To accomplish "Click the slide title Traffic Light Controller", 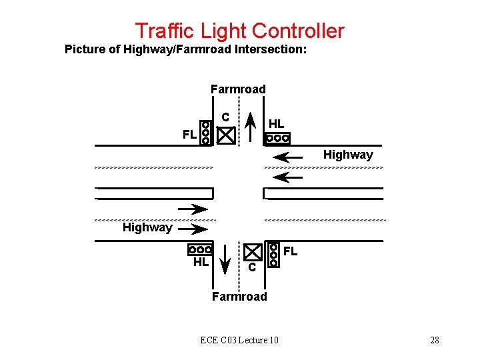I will click(239, 31).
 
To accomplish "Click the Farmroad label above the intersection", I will click(238, 89).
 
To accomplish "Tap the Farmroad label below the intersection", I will click(239, 297).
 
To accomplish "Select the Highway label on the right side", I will click(348, 155).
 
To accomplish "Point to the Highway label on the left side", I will click(147, 227).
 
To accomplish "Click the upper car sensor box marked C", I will click(227, 135).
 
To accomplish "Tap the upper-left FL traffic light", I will click(206, 133).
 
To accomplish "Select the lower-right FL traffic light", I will click(273, 254).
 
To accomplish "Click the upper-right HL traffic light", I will click(277, 139).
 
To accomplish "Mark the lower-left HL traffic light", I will click(201, 250).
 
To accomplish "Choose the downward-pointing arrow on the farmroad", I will click(226, 260).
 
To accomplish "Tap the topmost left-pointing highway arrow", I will click(288, 158).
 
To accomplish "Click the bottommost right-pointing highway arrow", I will click(193, 230).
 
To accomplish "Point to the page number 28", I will click(435, 341).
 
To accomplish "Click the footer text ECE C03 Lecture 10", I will click(239, 341).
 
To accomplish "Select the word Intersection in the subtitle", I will click(270, 49).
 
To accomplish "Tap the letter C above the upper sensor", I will click(226, 117).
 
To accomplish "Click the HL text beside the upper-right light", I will click(276, 123).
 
